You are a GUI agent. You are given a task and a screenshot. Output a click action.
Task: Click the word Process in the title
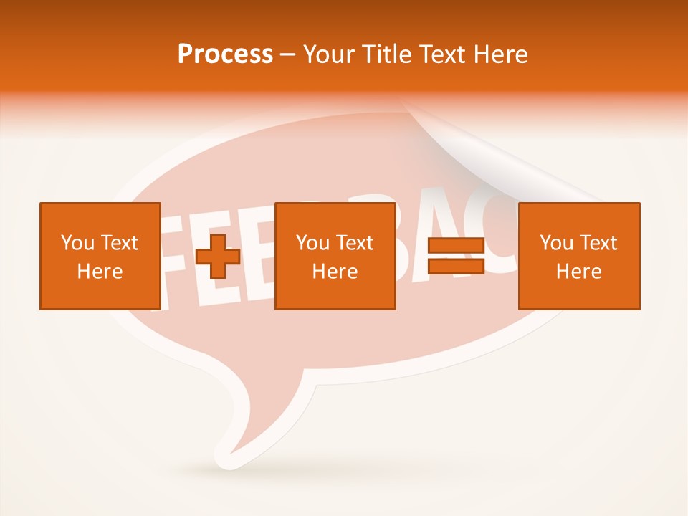(x=225, y=54)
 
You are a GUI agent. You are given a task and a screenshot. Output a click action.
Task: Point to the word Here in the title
(x=500, y=54)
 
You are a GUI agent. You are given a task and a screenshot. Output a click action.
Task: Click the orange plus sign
(x=218, y=257)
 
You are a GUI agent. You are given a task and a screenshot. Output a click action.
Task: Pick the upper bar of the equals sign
(x=456, y=245)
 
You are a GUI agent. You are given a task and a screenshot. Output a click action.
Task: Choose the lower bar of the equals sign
(x=456, y=266)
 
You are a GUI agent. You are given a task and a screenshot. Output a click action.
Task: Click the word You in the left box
(x=77, y=243)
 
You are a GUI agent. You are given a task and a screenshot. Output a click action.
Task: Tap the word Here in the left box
(x=100, y=272)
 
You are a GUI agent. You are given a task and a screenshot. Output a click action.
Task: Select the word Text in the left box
(x=118, y=243)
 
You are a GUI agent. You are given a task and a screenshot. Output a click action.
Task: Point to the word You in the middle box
(x=312, y=243)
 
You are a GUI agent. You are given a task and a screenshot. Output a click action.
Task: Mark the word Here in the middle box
(x=335, y=272)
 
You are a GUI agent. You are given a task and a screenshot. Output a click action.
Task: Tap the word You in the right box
(x=556, y=243)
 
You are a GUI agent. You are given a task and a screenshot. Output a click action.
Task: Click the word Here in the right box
(x=578, y=272)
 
